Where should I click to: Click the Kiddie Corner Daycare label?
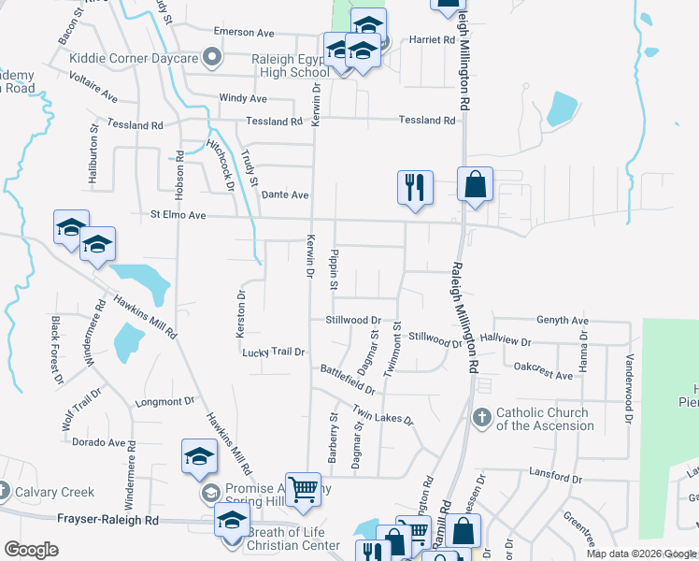(x=135, y=58)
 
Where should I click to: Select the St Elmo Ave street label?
(x=178, y=214)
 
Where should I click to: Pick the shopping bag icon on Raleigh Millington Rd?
(x=476, y=184)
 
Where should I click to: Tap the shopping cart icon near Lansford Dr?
(x=302, y=489)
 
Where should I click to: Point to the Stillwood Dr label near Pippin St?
(x=352, y=320)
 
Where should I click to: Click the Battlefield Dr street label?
(x=349, y=379)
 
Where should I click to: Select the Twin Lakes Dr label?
(x=382, y=414)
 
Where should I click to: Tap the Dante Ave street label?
(x=285, y=194)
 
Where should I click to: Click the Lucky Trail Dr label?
(x=274, y=352)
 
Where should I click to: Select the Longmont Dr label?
(x=164, y=402)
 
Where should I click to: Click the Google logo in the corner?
(x=32, y=550)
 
